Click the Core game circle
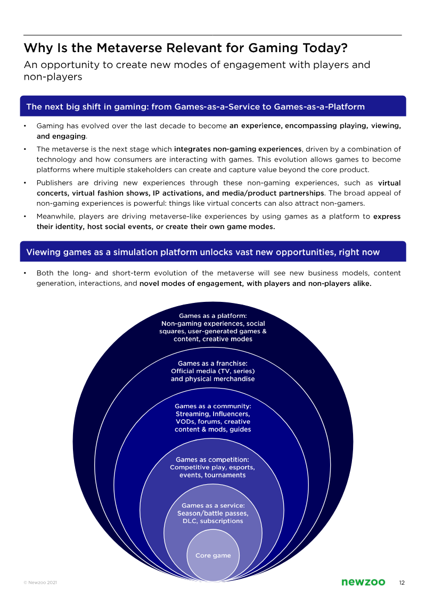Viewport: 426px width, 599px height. (213, 556)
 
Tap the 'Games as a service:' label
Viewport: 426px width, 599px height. (213, 505)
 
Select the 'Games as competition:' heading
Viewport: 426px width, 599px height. (212, 459)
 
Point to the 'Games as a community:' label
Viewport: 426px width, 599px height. (213, 406)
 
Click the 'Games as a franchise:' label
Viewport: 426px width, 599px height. (213, 364)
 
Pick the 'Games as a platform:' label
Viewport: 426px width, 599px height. (213, 316)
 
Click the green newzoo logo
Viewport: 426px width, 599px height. (363, 583)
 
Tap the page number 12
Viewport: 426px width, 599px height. (402, 583)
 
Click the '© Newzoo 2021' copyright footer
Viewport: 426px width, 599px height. (40, 583)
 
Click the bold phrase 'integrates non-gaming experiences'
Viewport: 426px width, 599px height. (237, 149)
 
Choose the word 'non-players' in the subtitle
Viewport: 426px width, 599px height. (53, 77)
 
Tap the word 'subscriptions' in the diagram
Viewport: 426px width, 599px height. (222, 521)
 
